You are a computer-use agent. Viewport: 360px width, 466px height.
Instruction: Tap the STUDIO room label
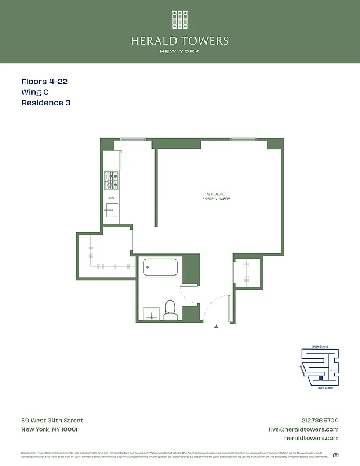pyautogui.click(x=216, y=194)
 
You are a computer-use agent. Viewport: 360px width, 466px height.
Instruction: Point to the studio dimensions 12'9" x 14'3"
pyautogui.click(x=216, y=199)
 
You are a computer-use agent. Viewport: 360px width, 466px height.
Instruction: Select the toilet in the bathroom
pyautogui.click(x=170, y=310)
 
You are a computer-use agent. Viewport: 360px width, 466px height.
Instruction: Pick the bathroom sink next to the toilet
pyautogui.click(x=151, y=313)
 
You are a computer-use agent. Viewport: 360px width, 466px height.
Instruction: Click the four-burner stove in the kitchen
pyautogui.click(x=111, y=181)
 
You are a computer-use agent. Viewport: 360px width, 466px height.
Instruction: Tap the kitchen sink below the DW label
pyautogui.click(x=111, y=210)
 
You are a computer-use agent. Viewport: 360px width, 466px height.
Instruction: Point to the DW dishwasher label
pyautogui.click(x=111, y=198)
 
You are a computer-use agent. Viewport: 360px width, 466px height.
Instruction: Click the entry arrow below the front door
pyautogui.click(x=217, y=327)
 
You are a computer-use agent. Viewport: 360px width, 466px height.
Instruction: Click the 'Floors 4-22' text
pyautogui.click(x=44, y=82)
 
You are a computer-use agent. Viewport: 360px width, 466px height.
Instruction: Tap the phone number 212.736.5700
pyautogui.click(x=317, y=421)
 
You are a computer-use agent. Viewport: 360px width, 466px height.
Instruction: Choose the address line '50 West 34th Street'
pyautogui.click(x=52, y=421)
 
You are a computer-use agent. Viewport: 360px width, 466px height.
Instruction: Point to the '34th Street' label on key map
pyautogui.click(x=320, y=347)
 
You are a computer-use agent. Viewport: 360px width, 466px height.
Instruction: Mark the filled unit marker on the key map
pyautogui.click(x=320, y=377)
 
